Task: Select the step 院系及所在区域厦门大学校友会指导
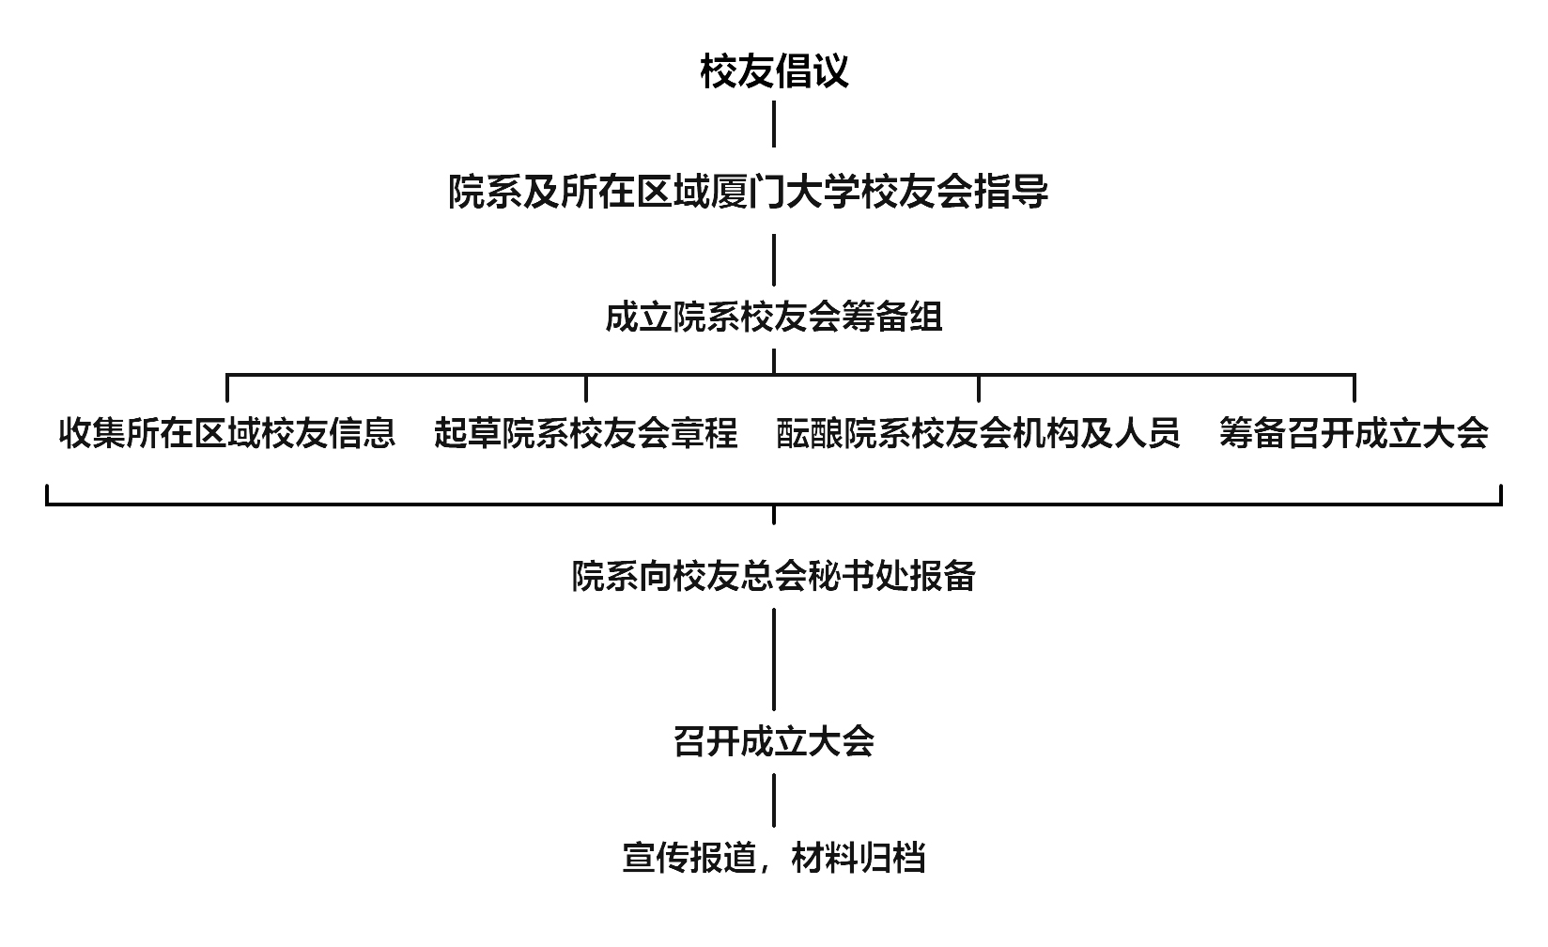coord(748,193)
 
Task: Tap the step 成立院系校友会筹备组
coord(774,317)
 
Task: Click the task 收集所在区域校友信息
coord(227,433)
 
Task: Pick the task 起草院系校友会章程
coord(586,433)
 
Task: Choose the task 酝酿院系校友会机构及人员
coord(978,433)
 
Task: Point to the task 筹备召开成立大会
coord(1354,433)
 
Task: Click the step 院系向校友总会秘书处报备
coord(774,576)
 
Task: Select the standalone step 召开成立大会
coord(774,742)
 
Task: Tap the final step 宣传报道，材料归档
coord(774,858)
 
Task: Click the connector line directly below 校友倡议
coord(774,124)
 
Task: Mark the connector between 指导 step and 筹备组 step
coord(774,259)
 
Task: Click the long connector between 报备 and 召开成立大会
coord(774,659)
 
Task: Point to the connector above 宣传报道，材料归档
coord(774,800)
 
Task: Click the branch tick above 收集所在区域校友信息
coord(227,388)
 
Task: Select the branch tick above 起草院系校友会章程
coord(586,388)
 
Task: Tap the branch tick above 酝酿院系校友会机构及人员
coord(979,388)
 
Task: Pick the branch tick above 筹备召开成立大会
coord(1354,388)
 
